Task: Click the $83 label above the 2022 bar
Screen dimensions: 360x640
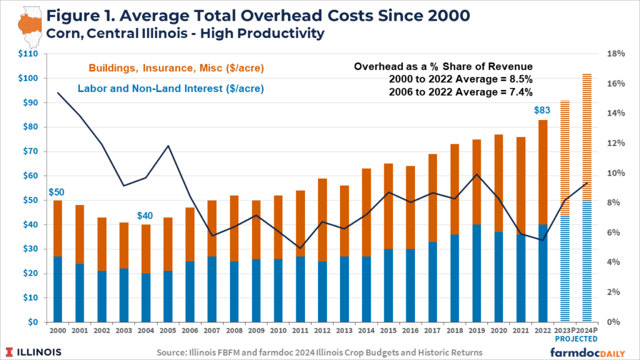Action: pyautogui.click(x=542, y=111)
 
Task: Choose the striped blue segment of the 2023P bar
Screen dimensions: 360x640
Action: pyautogui.click(x=565, y=268)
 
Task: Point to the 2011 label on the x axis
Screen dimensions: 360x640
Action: pyautogui.click(x=300, y=330)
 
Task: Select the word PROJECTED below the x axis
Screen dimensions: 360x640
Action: pyautogui.click(x=576, y=339)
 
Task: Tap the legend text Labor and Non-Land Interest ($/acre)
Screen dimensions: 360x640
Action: pyautogui.click(x=171, y=89)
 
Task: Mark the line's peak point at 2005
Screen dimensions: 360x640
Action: pyautogui.click(x=167, y=146)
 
